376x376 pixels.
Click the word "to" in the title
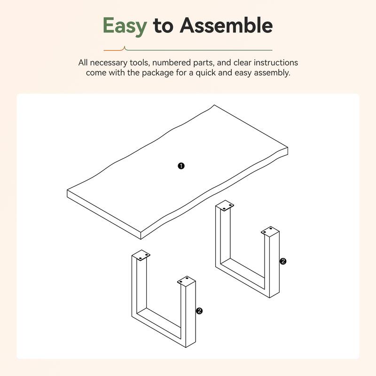tap(164, 27)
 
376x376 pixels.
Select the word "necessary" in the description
tap(109, 63)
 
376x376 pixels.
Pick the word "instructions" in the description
tap(274, 63)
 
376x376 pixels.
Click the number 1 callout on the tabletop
tap(181, 165)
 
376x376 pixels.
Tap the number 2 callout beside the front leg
tap(199, 311)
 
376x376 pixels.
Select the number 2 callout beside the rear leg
tap(282, 261)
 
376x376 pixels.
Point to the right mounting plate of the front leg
tap(186, 280)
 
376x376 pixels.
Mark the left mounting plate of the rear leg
tap(225, 206)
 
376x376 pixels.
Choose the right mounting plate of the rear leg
tap(270, 231)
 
